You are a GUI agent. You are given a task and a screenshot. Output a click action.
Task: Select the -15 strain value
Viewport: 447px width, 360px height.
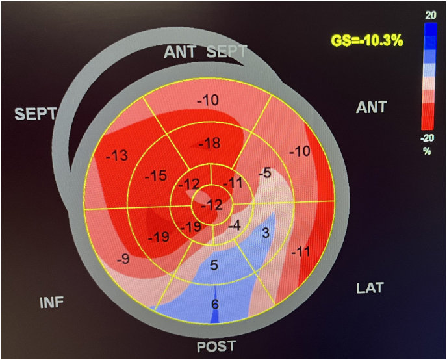(x=156, y=176)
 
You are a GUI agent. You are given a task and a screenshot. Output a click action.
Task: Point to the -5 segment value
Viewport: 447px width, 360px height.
(x=263, y=174)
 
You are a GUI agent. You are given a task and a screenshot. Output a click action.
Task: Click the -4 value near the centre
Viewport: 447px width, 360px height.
(x=235, y=225)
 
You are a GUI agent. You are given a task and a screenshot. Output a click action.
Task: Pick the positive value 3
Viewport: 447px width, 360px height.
(x=265, y=233)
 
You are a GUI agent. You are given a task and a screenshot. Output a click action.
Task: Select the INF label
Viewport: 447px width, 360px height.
(x=53, y=303)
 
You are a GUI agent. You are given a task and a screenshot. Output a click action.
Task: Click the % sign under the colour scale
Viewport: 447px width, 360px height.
(x=428, y=151)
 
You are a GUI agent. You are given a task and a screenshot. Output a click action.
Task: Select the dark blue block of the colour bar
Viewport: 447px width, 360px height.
(x=428, y=36)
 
